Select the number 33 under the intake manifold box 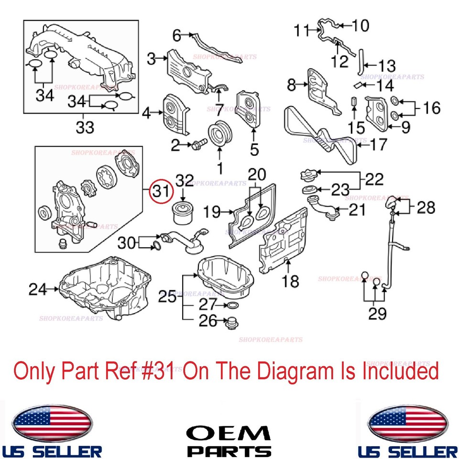[85, 128]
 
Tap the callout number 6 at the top [177, 35]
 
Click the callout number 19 [213, 211]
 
